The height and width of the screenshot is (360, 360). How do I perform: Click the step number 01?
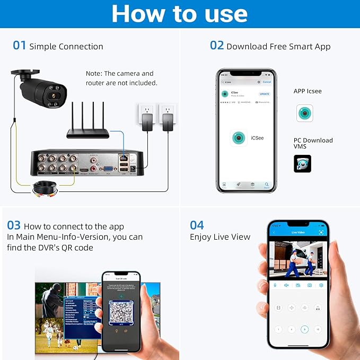[x=19, y=46]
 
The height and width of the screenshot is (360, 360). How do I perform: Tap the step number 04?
[x=197, y=225]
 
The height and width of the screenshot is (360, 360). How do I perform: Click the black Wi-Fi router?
[x=87, y=131]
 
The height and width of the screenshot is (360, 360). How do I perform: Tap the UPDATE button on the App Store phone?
[x=264, y=94]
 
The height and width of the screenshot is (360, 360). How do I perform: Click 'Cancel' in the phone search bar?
[x=267, y=82]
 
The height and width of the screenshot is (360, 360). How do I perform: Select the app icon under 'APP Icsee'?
[x=304, y=113]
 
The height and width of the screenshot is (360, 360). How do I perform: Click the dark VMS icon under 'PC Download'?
[x=302, y=163]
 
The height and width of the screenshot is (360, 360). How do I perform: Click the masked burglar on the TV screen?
[x=52, y=297]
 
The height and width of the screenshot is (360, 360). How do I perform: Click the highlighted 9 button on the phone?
[x=304, y=329]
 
